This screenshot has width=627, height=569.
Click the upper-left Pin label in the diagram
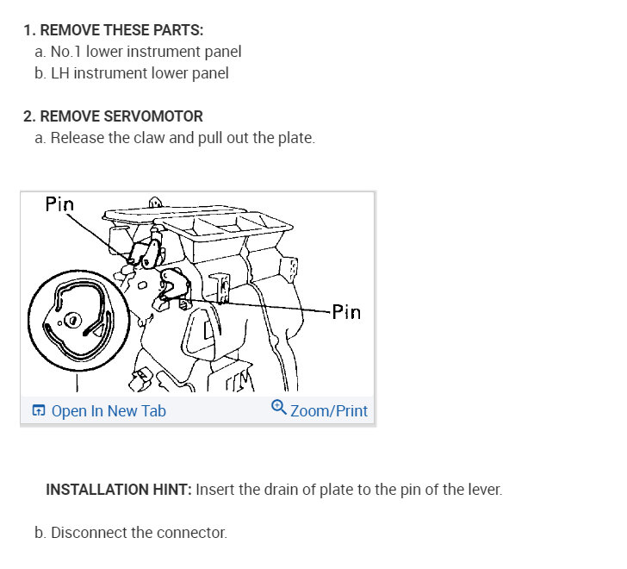coord(59,205)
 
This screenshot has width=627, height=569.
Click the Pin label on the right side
coord(346,312)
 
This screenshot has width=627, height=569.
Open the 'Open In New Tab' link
coord(108,411)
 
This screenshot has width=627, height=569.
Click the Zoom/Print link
coord(328,411)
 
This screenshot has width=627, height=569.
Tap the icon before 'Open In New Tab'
coord(38,411)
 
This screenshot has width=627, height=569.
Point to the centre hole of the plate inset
coord(73,321)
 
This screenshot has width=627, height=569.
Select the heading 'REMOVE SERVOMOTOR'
coord(121,116)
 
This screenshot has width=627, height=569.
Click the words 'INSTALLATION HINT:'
coord(119,490)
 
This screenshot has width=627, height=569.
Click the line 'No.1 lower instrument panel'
coord(146,52)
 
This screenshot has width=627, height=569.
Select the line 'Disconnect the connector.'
coord(139,533)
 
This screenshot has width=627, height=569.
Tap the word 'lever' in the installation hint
coord(481,490)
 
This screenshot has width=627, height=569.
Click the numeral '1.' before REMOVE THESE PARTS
coord(29,30)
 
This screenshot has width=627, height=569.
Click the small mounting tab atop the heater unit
coord(155,203)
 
